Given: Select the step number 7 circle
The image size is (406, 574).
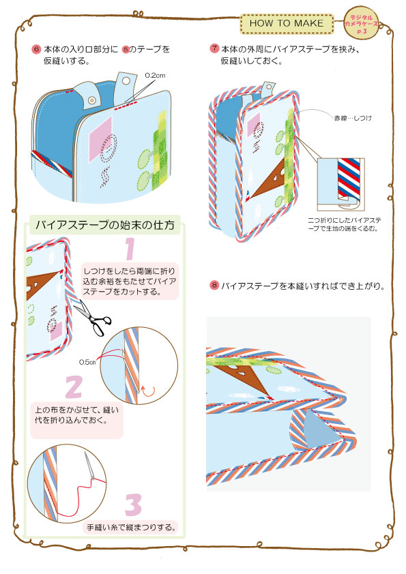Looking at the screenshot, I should point(214,49).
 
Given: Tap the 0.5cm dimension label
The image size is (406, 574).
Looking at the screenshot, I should point(87,361).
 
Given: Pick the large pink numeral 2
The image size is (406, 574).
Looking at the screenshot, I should point(73,387).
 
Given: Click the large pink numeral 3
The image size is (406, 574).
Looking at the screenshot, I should point(133,505).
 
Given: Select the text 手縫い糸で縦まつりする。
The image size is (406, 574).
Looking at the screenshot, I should point(132,527).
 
